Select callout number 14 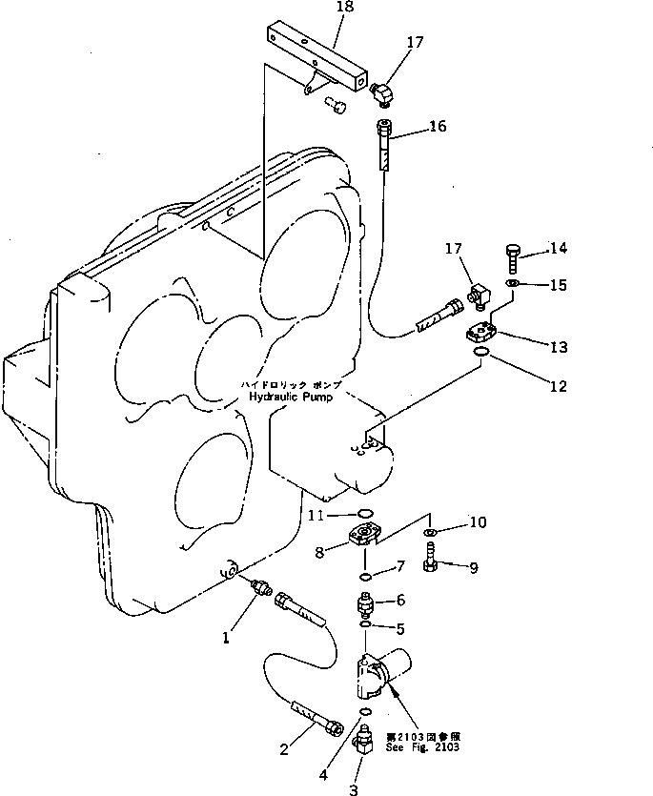point(558,250)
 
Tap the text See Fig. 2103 point(422,747)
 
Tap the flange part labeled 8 point(362,537)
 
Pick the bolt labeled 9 point(431,556)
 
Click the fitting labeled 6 point(366,604)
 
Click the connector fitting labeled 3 point(363,740)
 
